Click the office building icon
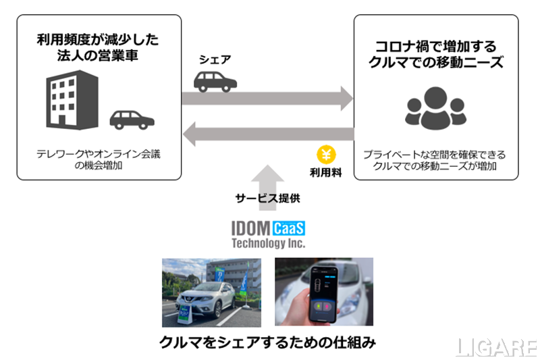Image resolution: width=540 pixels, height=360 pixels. coord(71,101)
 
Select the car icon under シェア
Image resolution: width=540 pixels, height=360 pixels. coord(215,80)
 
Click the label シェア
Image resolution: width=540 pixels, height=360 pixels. coord(215,59)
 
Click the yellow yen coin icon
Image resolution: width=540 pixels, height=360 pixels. coord(326,154)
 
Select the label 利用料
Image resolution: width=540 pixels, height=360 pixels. coord(326,173)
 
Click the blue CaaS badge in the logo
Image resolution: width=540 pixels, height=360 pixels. coord(289,228)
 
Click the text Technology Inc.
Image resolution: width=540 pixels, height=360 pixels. coord(268,243)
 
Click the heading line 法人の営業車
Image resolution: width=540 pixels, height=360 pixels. coord(99,55)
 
